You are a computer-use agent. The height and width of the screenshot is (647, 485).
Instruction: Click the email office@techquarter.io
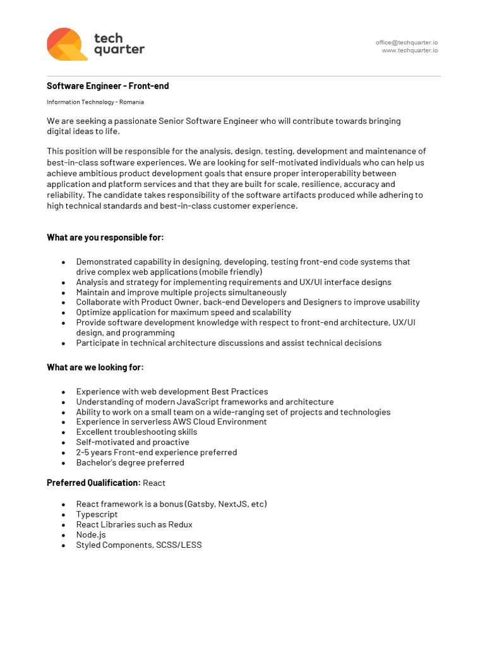pyautogui.click(x=406, y=42)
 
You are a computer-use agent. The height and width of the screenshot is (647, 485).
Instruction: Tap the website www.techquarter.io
pyautogui.click(x=409, y=51)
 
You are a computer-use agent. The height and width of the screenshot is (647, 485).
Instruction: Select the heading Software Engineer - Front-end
pyautogui.click(x=107, y=86)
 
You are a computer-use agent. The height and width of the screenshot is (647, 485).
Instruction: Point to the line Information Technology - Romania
pyautogui.click(x=95, y=102)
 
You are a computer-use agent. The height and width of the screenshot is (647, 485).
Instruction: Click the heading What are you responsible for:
pyautogui.click(x=105, y=238)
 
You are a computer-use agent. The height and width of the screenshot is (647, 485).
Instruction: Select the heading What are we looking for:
pyautogui.click(x=95, y=367)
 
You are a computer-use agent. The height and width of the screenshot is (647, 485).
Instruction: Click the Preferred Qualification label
pyautogui.click(x=93, y=483)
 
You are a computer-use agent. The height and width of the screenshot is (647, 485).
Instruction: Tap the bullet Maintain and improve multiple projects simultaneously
pyautogui.click(x=181, y=292)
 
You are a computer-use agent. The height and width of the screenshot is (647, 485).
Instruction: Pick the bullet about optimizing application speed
pyautogui.click(x=183, y=312)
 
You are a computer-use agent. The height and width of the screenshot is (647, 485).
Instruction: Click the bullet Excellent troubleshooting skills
pyautogui.click(x=136, y=432)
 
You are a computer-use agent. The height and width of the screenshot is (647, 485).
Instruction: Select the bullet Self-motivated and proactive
pyautogui.click(x=132, y=442)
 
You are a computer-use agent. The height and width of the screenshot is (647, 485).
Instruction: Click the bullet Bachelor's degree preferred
pyautogui.click(x=130, y=463)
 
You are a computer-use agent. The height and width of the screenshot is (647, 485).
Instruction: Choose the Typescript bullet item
pyautogui.click(x=97, y=514)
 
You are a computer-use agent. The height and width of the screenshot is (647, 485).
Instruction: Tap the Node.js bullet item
pyautogui.click(x=91, y=535)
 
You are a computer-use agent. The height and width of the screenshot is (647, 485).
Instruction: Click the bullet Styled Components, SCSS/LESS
pyautogui.click(x=138, y=545)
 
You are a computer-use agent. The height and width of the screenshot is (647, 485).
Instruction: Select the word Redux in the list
pyautogui.click(x=180, y=524)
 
